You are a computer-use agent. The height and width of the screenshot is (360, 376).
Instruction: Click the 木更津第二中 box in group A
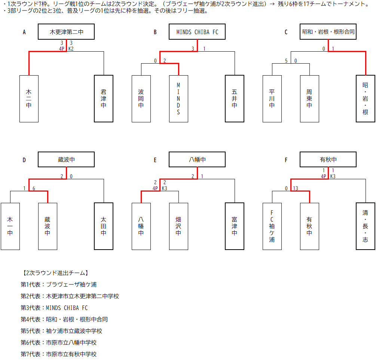[66, 32]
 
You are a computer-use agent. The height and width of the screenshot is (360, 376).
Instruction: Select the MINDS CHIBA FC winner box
[197, 32]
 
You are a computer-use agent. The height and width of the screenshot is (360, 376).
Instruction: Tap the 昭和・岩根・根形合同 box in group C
[328, 32]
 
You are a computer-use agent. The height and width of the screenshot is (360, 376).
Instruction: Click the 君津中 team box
[104, 99]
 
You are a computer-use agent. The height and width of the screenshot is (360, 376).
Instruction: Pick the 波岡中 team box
[141, 99]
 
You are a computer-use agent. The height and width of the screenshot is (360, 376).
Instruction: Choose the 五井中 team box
[235, 99]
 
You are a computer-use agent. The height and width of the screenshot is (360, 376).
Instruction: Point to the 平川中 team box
[272, 99]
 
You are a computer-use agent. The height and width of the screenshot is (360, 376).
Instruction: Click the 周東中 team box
[309, 99]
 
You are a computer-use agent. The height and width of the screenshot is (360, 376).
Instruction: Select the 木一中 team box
[10, 226]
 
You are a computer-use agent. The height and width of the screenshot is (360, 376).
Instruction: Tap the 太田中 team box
[104, 226]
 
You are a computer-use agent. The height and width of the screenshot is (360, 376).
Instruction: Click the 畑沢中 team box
[178, 226]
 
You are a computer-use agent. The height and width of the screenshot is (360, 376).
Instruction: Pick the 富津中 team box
[235, 226]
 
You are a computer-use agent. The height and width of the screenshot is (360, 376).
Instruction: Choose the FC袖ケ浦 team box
[272, 226]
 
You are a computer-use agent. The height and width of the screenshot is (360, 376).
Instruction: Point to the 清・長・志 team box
[366, 226]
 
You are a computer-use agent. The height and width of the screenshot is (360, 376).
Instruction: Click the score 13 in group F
[296, 188]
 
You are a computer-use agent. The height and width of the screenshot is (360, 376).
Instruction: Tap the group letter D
[24, 160]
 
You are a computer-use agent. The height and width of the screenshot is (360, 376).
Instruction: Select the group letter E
[155, 160]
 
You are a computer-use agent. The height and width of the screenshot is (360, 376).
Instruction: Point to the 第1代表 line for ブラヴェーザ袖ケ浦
[59, 284]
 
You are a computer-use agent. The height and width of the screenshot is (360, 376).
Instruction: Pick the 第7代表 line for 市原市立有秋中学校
[59, 354]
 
